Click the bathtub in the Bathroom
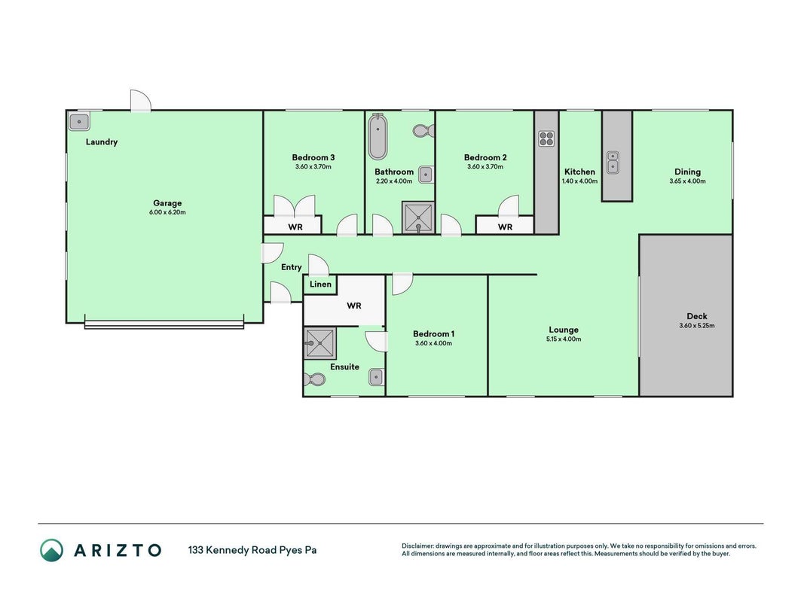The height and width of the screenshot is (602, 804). coord(378,137)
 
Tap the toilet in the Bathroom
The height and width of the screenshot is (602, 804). coord(423,130)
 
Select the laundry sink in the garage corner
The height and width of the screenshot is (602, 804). coord(79,122)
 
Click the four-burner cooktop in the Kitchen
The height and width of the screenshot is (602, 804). coord(546,138)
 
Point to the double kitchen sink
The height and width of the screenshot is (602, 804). coord(613,163)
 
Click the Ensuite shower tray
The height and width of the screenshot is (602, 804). coord(320,343)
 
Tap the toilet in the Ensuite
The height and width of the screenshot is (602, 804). coord(314,380)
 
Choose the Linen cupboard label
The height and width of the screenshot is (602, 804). coord(320,284)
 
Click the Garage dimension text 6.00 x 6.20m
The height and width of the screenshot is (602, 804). coord(167,212)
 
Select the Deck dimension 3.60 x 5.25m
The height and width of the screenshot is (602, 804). coord(697,325)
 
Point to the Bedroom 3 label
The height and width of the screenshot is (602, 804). coord(313,158)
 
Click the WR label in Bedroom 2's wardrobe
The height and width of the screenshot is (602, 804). coord(505,227)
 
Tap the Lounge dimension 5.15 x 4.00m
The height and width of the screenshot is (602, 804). coord(564,339)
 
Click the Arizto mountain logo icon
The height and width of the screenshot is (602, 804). coord(52,550)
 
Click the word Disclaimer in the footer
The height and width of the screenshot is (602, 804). coord(417,546)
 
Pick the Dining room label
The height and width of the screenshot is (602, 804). coord(687,172)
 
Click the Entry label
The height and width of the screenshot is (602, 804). coord(292,267)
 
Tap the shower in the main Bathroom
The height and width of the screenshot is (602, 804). coord(418,218)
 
